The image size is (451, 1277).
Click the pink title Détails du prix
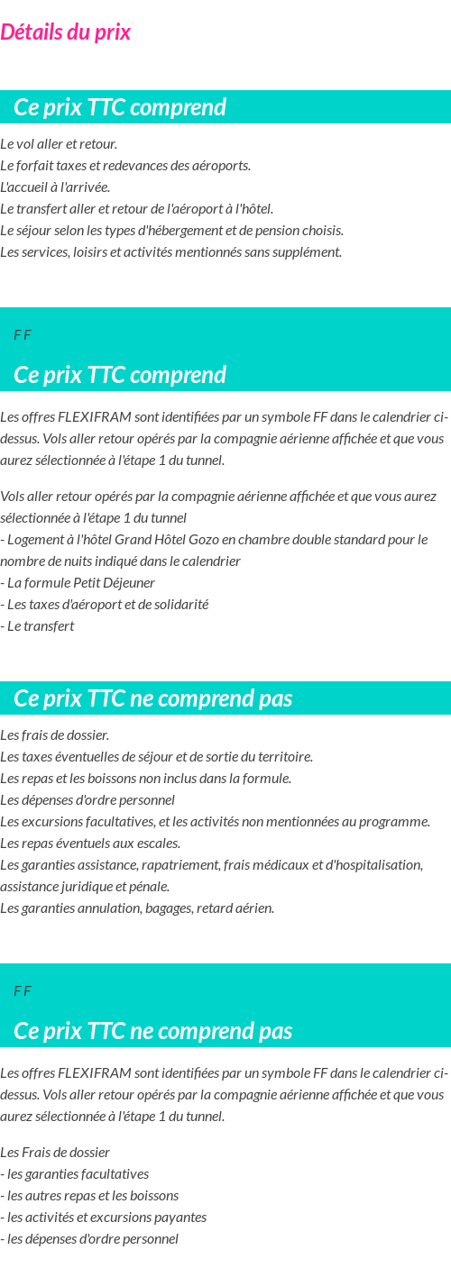click(x=65, y=32)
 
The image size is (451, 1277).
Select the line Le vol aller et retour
click(x=59, y=144)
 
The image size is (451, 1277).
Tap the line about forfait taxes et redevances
click(x=125, y=166)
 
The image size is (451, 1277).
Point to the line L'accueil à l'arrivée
click(x=55, y=187)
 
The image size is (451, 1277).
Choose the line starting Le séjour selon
click(x=171, y=231)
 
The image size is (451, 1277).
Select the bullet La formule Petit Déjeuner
click(x=78, y=583)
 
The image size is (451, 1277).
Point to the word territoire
click(x=284, y=757)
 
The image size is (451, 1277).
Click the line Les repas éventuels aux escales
click(x=90, y=844)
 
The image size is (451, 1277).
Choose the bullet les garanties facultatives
click(x=75, y=1174)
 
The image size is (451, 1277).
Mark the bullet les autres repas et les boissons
click(x=89, y=1196)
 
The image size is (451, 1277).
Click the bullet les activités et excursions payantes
click(x=104, y=1218)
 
